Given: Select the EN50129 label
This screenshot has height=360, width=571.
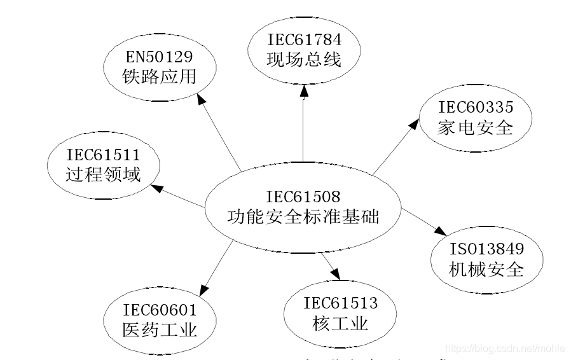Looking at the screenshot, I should tap(158, 56).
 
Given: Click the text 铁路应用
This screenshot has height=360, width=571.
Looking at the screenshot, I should tap(158, 77).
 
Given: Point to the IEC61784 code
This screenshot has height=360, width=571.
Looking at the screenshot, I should tap(303, 40).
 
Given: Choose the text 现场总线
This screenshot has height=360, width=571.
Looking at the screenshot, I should tap(303, 60).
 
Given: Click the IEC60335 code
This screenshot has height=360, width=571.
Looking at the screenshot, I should tap(475, 107).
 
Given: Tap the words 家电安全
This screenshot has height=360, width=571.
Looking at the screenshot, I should tap(475, 128).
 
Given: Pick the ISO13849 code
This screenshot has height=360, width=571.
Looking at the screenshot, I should tap(487, 249).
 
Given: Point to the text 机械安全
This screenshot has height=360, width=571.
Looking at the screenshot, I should tap(487, 270).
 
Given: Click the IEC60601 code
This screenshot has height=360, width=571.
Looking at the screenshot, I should tap(160, 310).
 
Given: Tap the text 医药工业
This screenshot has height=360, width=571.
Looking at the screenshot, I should tap(160, 331).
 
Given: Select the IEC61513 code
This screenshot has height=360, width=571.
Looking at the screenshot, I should tap(340, 303).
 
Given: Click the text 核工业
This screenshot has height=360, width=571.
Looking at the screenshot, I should tap(340, 324).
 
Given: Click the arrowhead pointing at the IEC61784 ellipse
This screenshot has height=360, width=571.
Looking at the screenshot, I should tap(304, 92).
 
